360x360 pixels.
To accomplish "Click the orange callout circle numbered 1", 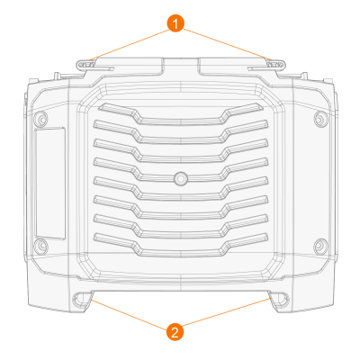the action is pyautogui.click(x=175, y=23).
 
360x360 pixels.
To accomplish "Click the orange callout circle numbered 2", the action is pyautogui.click(x=175, y=332).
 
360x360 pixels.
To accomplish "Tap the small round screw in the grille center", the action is pyautogui.click(x=181, y=178).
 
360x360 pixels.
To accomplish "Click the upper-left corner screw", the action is pyautogui.click(x=41, y=119).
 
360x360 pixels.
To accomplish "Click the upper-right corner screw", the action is pyautogui.click(x=320, y=119).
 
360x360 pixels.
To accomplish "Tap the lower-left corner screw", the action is pyautogui.click(x=41, y=246).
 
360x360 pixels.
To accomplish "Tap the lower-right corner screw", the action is pyautogui.click(x=320, y=246).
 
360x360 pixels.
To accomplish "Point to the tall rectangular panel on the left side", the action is pyautogui.click(x=50, y=184).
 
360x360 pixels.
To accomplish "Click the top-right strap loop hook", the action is pyautogui.click(x=275, y=65).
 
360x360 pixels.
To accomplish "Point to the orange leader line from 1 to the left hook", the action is pyautogui.click(x=130, y=45).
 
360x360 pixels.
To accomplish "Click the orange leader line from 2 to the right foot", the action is pyautogui.click(x=227, y=312).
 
